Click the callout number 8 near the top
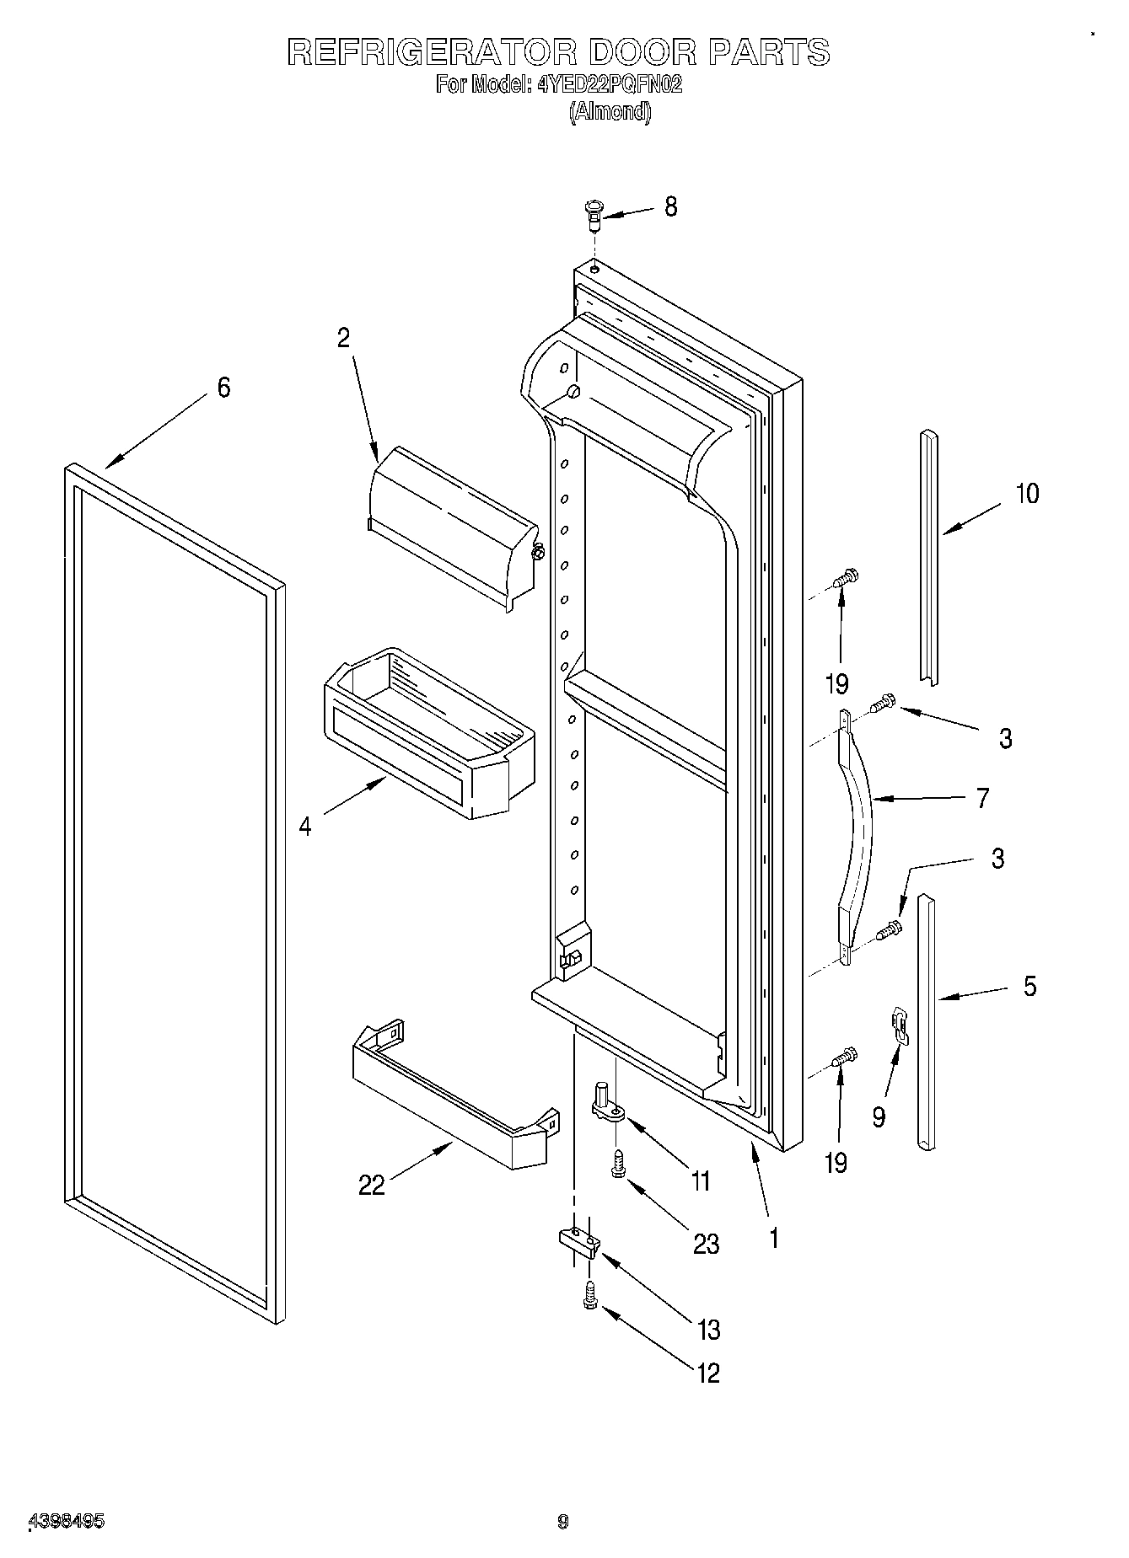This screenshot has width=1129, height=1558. point(670,207)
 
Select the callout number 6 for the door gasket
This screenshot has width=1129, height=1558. point(223,388)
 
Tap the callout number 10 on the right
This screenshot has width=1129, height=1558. point(1026,493)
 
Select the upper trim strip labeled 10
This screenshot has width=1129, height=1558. point(929,556)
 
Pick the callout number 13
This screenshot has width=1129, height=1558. point(708,1330)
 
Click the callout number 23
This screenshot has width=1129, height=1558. point(706,1244)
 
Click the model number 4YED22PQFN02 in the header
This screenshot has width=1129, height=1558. point(609,84)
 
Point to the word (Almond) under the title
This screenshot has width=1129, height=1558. point(610,111)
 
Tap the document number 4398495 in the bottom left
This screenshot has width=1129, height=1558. point(67,1522)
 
